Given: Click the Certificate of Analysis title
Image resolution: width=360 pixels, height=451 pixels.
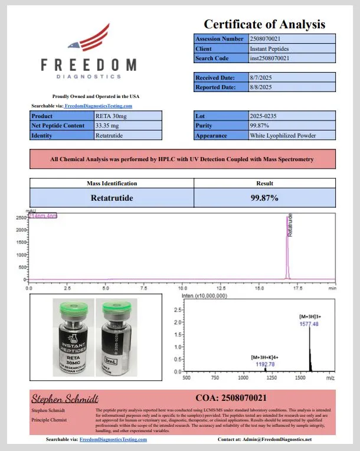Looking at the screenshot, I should point(264,24).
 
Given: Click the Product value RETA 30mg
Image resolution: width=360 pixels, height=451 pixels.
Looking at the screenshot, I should point(110,116).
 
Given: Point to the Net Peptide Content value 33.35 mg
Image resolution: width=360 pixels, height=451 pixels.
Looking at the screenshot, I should point(108,126).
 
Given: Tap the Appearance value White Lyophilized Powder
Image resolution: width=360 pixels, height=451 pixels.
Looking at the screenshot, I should point(283,135).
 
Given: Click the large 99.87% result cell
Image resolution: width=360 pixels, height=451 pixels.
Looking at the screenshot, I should point(264,198).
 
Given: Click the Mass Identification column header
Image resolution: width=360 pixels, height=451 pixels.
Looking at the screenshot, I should point(112,184).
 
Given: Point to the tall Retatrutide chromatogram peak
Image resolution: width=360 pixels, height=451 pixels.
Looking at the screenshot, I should point(287,248).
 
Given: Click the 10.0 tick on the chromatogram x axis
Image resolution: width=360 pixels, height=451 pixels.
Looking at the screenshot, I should point(182,289).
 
